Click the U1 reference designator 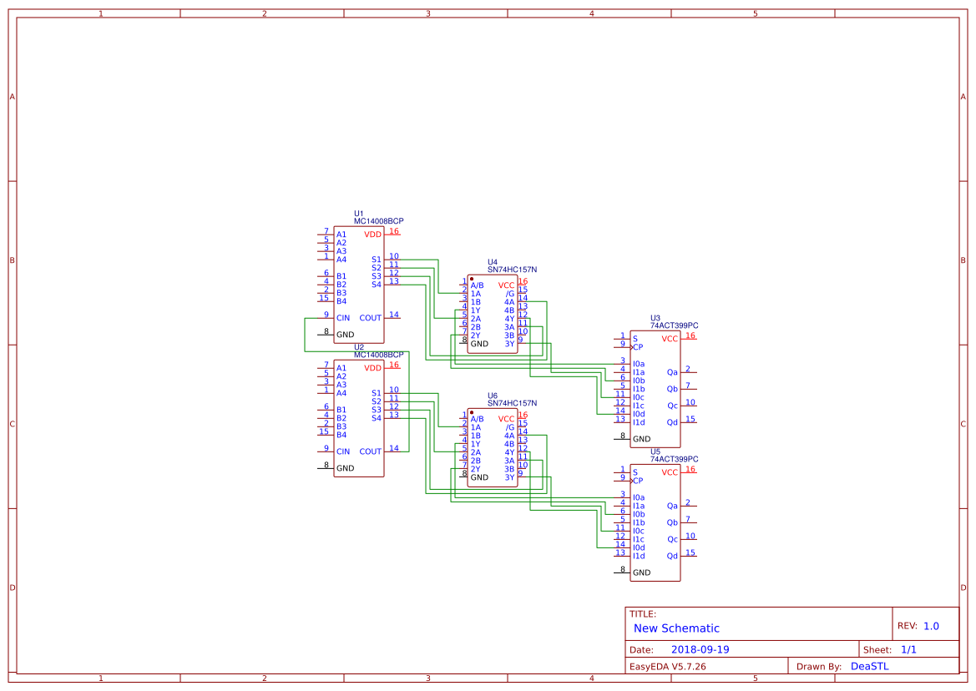pos(359,214)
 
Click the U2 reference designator pos(359,347)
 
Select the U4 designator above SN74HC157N pos(493,262)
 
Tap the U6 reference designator pos(493,396)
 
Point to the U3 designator pos(655,318)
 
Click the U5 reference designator pos(655,451)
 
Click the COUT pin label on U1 pos(370,318)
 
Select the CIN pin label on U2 pos(343,451)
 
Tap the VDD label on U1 pos(372,235)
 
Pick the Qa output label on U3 pos(672,372)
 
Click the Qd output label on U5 pos(672,556)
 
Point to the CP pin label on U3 pos(638,347)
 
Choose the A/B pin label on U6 pos(477,419)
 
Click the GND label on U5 pos(641,572)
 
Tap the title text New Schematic pos(676,628)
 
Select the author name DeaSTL pos(869,667)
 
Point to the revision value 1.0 pos(931,626)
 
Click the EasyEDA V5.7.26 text pos(667,667)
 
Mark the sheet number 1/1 pos(909,650)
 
